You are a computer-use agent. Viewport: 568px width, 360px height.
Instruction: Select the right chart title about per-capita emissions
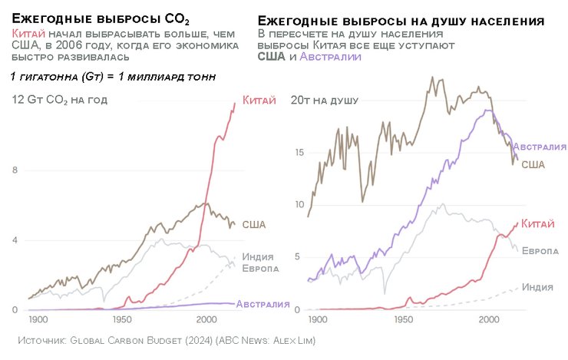coord(401,21)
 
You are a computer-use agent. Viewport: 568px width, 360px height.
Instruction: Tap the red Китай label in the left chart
coord(259,100)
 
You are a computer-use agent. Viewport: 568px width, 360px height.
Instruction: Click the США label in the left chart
coord(254,224)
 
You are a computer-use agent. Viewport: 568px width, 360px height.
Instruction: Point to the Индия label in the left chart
coord(258,256)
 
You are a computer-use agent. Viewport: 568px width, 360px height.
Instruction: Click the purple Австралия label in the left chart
coord(263,304)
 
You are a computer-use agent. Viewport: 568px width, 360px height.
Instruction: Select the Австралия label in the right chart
coord(540,146)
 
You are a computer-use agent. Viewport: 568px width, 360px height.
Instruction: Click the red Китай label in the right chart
coord(537,223)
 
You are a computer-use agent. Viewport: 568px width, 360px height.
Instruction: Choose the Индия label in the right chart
coord(537,287)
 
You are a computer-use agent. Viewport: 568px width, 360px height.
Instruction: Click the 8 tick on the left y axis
coord(15,170)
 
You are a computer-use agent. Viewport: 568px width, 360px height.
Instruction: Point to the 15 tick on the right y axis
coord(299,152)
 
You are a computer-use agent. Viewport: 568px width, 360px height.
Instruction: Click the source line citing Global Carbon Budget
coord(167,339)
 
